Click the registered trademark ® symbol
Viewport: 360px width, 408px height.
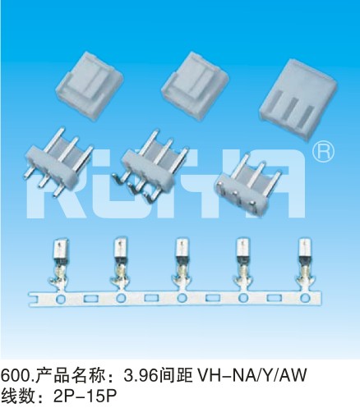coord(323,151)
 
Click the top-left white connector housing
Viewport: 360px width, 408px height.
coord(90,85)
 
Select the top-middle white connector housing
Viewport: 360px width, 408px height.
coord(195,85)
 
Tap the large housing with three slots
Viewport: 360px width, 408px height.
coord(298,99)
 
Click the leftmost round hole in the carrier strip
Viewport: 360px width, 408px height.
coord(61,299)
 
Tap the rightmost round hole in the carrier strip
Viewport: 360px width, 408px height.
coord(304,298)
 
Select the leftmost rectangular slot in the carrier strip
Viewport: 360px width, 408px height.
coord(90,298)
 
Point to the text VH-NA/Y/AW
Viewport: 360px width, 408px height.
coord(252,375)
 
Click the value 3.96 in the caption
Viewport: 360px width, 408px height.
coord(141,375)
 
